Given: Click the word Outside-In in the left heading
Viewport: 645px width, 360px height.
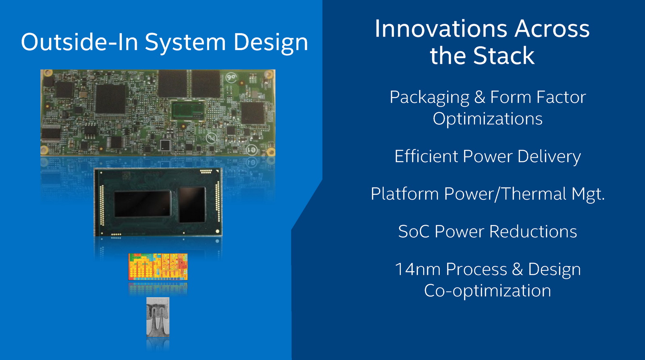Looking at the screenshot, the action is click(x=79, y=42).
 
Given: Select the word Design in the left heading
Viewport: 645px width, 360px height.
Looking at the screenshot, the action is click(x=270, y=44).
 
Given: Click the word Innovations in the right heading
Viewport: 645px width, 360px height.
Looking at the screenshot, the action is click(x=441, y=29).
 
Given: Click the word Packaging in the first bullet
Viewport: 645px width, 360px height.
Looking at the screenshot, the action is click(x=429, y=98).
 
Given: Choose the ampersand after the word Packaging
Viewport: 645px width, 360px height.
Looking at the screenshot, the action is click(x=479, y=97).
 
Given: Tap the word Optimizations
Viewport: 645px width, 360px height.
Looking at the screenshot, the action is click(x=487, y=119).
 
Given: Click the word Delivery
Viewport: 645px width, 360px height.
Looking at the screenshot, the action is click(x=549, y=157).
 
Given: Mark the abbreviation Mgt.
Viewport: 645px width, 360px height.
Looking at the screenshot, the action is click(x=588, y=195).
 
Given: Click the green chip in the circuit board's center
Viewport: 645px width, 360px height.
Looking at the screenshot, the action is click(x=188, y=111).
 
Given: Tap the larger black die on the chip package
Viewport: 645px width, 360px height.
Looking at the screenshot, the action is click(x=143, y=204).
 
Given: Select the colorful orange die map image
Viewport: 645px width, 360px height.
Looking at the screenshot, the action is click(x=158, y=267).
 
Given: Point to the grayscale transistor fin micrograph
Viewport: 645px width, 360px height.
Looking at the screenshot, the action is click(x=158, y=317).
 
